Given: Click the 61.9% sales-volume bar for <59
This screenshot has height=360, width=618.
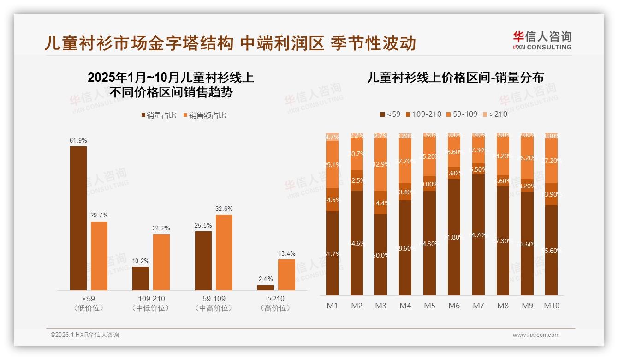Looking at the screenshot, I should (x=78, y=218).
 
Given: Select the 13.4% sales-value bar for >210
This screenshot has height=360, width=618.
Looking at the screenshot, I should (x=286, y=275).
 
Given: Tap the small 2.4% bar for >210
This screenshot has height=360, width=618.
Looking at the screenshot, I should (x=265, y=288).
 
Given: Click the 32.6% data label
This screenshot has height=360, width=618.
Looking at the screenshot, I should (x=224, y=209).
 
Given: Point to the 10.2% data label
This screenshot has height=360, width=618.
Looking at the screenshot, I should (x=141, y=261).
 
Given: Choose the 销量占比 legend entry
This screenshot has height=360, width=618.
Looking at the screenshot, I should (x=158, y=115).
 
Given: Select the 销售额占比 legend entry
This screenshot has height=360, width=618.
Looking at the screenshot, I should (x=205, y=115).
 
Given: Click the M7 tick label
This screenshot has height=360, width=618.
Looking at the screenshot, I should (x=478, y=306).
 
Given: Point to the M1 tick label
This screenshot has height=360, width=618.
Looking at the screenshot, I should (x=332, y=306).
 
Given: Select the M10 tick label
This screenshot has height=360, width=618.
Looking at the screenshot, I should (x=551, y=306).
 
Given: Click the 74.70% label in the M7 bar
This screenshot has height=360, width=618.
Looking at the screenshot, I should (x=478, y=235).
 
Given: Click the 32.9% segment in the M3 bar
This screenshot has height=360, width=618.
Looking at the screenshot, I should (x=380, y=165).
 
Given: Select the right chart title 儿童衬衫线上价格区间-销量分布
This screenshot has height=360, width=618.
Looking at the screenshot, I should (x=455, y=77).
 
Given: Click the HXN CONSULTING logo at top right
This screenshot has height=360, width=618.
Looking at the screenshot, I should (x=542, y=40).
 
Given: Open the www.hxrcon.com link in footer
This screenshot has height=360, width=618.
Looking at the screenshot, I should (x=535, y=335).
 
